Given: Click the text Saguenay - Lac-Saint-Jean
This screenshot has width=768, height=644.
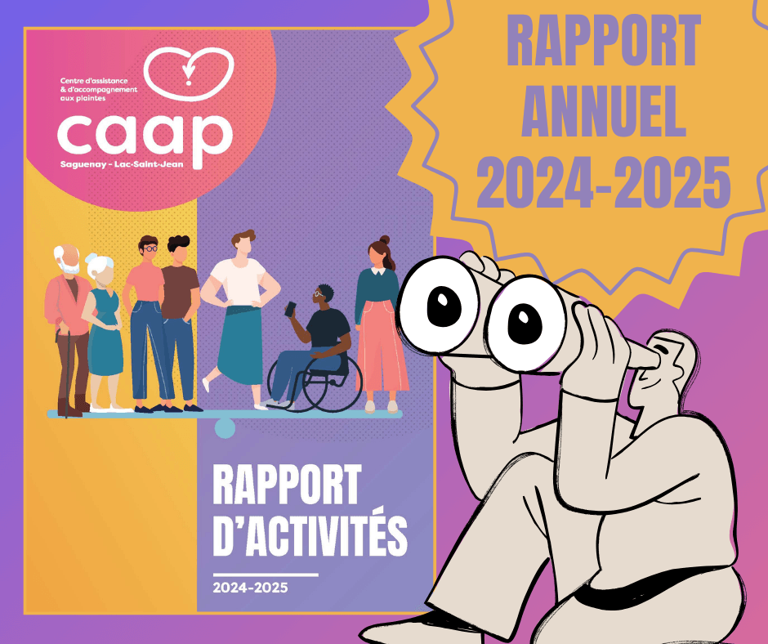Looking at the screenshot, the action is pos(122,164).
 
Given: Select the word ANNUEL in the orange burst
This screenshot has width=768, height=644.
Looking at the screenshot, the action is pos(604,112).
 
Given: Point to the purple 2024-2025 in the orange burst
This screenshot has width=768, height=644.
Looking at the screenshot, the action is pos(604,182).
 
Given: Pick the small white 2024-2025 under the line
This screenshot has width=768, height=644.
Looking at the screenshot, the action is pos(250,588).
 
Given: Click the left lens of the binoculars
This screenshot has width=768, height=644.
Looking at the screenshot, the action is pos(439,305).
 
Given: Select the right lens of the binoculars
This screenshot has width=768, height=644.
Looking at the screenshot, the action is pos(525,324).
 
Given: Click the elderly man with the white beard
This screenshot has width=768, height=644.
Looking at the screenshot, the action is pos(68,331).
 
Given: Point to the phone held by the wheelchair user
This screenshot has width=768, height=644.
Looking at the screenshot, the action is pos(290,309).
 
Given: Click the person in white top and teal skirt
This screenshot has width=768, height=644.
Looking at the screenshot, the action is pos(241,319).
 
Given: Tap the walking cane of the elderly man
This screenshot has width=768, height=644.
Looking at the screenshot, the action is pos(65,375).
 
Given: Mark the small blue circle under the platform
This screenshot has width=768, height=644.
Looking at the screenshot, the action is pos(225,428).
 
